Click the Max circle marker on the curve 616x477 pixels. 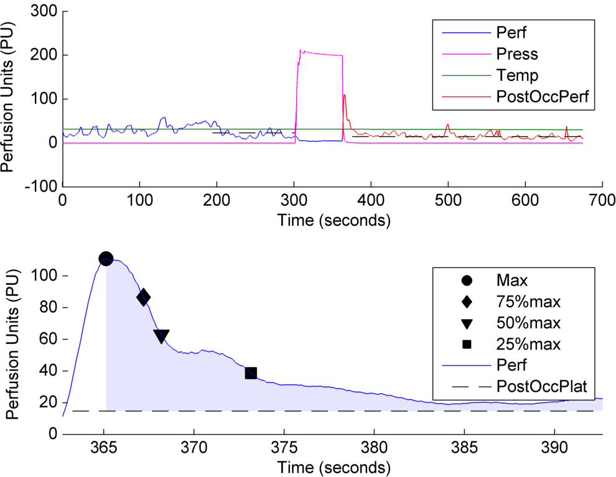106,259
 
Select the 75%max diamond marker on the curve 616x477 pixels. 143,297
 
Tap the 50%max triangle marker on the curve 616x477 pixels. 161,336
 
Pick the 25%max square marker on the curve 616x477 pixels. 251,373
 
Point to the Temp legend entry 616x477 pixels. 517,75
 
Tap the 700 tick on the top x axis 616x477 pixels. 602,201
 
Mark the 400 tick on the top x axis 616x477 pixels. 371,201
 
